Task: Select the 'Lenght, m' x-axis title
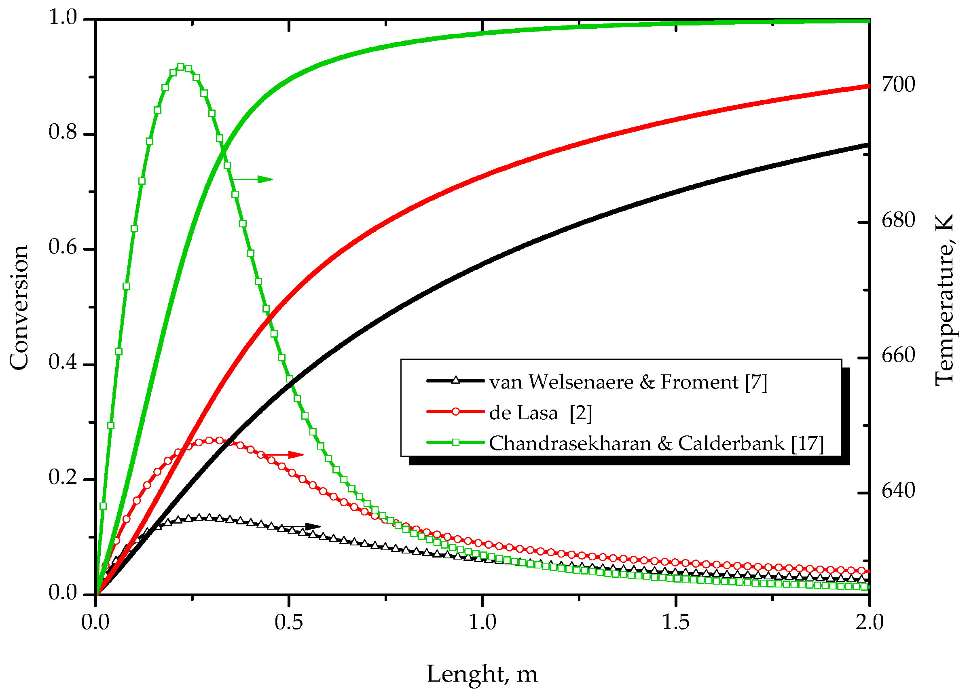tap(482, 674)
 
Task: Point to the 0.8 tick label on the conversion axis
tap(63, 132)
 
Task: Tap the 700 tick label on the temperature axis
tap(898, 84)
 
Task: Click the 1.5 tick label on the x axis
tap(675, 622)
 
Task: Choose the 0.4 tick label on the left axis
tap(63, 362)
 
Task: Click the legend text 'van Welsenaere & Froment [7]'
tap(628, 382)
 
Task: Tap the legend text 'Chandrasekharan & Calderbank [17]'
tap(656, 444)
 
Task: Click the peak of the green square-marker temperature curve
tap(181, 67)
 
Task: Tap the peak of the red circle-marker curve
tap(209, 440)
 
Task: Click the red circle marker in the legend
tap(456, 412)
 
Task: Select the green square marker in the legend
tap(456, 442)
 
